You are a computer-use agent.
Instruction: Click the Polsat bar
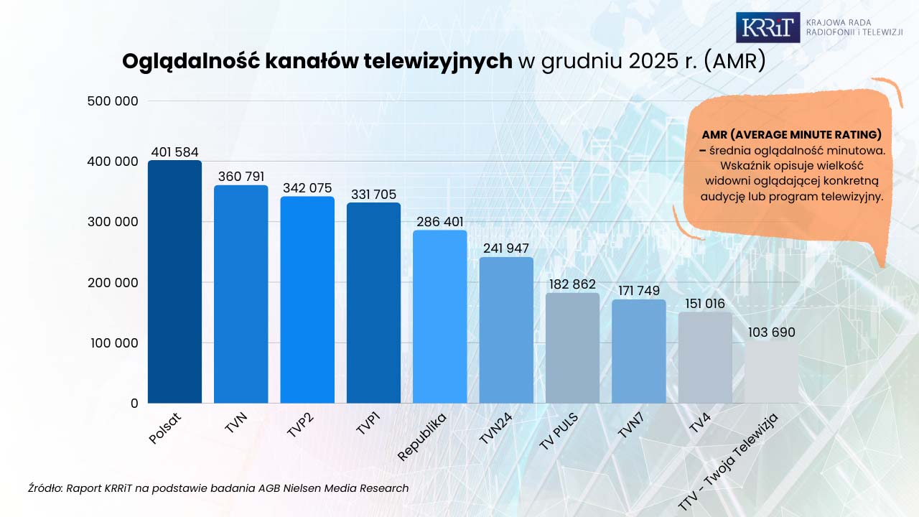point(174,281)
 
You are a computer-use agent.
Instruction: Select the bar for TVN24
point(506,330)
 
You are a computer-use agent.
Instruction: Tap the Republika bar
point(439,317)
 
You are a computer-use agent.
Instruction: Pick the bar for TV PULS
point(572,348)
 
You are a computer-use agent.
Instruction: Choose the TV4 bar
point(705,358)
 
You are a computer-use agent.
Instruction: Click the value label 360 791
point(241,177)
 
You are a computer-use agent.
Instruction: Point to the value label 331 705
point(373,195)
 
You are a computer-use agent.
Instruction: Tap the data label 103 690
point(771,332)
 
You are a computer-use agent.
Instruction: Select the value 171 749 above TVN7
point(638,292)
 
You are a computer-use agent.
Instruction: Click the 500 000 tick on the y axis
point(113,101)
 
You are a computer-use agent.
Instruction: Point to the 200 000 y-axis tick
point(113,283)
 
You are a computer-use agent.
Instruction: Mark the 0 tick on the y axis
point(134,404)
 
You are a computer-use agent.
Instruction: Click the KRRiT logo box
point(768,27)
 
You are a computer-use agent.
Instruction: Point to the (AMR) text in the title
point(734,62)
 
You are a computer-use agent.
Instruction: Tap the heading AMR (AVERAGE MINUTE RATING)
point(792,135)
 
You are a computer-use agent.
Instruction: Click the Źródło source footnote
point(219,488)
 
